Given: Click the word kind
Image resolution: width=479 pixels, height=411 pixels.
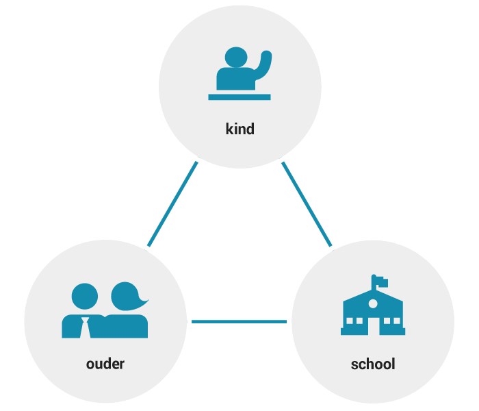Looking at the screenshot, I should [239, 129].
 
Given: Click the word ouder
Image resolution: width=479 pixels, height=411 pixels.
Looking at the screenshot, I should [105, 363].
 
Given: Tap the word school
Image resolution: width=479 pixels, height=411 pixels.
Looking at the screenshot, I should [373, 363].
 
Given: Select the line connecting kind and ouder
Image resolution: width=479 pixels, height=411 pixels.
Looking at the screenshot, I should [172, 203].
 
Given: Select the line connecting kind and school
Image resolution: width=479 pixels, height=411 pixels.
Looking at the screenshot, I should [307, 203].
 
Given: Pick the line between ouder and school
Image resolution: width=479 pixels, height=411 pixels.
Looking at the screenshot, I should [239, 321].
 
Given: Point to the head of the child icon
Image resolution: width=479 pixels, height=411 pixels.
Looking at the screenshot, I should [236, 58].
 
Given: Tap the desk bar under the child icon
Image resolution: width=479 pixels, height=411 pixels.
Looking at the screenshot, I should [239, 97].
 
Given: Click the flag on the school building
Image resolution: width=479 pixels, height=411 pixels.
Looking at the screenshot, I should [381, 282].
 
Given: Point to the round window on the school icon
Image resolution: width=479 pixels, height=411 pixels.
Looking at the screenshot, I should [373, 303].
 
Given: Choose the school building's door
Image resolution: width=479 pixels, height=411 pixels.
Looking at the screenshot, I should [373, 325].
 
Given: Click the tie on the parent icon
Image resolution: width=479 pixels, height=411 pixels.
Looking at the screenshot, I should [85, 327].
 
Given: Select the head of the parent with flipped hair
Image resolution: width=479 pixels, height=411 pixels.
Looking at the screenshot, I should [127, 296].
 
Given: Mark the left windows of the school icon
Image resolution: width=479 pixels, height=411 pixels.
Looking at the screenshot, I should [354, 321].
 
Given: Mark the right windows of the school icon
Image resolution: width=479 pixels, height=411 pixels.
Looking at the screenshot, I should [391, 321].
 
